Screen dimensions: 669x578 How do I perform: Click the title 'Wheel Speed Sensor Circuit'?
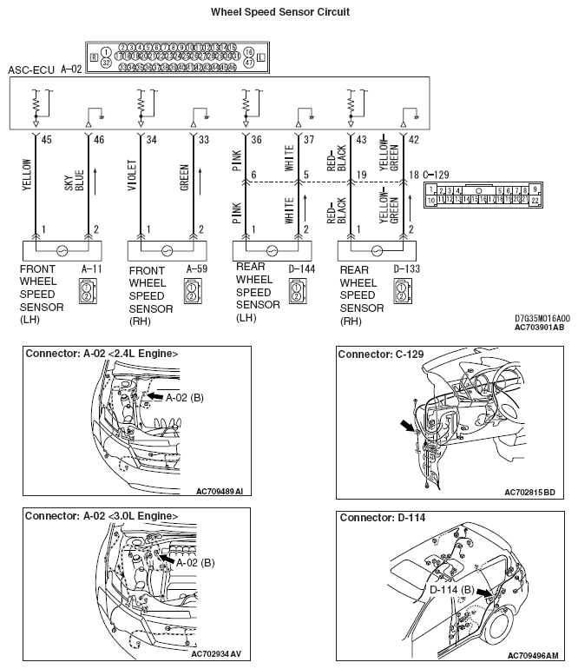point(280,12)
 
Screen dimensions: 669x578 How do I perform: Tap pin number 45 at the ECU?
point(46,140)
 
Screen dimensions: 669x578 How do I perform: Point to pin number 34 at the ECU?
point(152,140)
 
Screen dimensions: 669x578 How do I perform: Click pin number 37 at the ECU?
point(308,140)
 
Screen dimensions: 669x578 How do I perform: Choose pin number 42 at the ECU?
point(412,140)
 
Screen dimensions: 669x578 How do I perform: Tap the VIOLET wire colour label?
point(132,176)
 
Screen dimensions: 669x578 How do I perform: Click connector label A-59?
point(197,270)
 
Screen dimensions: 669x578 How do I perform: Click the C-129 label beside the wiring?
point(440,176)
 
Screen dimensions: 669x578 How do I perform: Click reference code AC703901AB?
point(538,328)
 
